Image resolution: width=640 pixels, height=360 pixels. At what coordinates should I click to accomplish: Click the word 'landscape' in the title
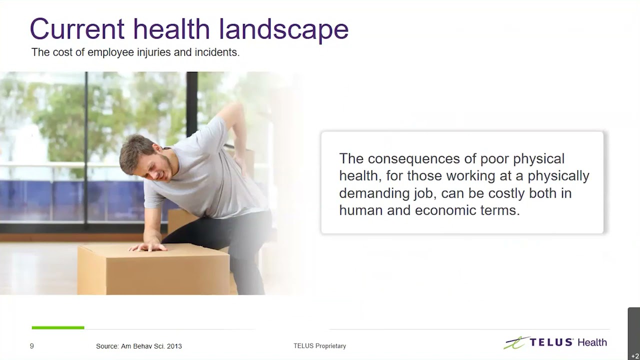(x=283, y=29)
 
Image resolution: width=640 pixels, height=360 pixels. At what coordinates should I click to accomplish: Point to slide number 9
(x=32, y=345)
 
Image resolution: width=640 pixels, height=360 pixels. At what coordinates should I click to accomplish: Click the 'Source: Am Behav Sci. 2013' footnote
(x=139, y=346)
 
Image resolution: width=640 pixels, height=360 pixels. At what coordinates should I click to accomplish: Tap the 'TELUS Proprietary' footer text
(x=319, y=346)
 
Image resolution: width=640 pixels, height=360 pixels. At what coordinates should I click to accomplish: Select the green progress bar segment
(x=58, y=327)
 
